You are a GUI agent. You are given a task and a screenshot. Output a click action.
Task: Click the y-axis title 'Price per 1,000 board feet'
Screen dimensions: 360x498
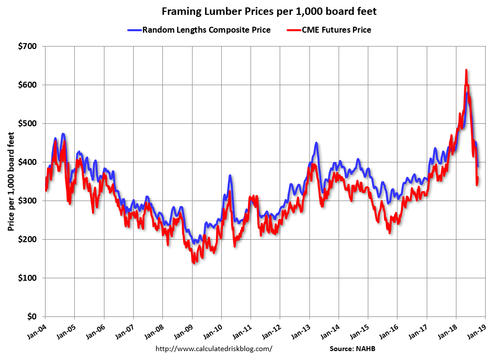click(x=10, y=181)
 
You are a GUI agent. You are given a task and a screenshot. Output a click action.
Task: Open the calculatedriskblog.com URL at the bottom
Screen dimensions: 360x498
click(x=214, y=349)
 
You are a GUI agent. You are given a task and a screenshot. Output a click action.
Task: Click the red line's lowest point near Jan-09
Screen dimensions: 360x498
click(x=193, y=262)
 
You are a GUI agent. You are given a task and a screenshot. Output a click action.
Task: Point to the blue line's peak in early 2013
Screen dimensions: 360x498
click(x=316, y=143)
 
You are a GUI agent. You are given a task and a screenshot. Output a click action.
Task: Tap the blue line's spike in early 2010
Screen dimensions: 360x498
click(x=230, y=175)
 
